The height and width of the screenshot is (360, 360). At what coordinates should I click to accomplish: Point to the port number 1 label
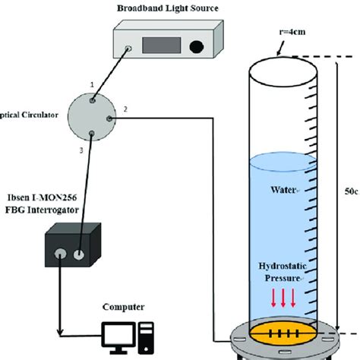(91, 84)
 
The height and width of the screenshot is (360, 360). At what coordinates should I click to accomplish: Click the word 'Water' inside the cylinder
(283, 189)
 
